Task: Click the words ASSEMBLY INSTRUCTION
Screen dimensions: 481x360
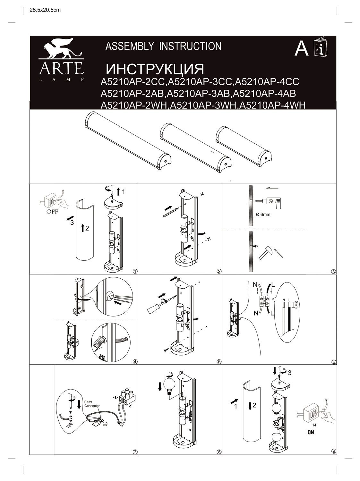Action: point(163,46)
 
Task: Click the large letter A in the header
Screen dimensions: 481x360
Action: point(301,49)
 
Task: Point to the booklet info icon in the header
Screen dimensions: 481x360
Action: point(321,48)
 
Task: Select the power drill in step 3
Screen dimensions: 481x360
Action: point(271,202)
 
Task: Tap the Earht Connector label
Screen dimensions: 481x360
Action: point(92,403)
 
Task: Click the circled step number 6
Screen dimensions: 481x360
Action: point(334,362)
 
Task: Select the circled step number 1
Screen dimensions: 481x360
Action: point(135,271)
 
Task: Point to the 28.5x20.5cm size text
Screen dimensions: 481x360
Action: point(45,10)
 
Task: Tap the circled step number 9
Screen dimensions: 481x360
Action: point(334,452)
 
